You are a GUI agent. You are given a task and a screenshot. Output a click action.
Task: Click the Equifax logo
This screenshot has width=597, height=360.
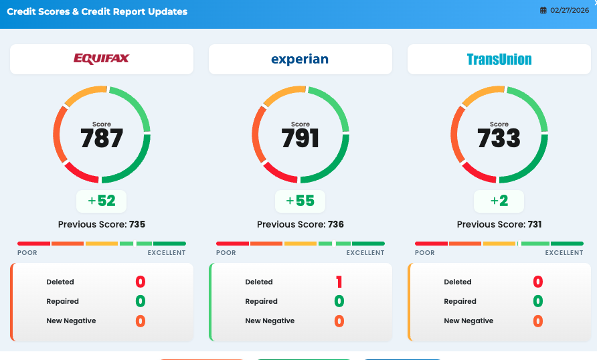(102, 59)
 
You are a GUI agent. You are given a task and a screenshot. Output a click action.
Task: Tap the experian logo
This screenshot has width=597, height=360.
(300, 59)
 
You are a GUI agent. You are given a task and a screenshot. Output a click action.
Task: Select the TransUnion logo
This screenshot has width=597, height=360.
(499, 60)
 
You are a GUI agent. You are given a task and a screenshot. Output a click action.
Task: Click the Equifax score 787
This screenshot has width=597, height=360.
(102, 139)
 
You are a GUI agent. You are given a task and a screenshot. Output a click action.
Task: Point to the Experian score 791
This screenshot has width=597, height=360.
(301, 139)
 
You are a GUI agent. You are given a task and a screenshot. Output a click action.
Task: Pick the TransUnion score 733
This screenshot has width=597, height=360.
(499, 139)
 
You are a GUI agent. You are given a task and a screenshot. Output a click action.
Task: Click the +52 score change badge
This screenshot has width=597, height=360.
(102, 201)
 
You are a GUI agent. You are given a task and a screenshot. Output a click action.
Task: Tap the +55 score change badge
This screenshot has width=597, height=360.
(301, 201)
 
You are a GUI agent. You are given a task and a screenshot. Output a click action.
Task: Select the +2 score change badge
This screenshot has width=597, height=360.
(499, 201)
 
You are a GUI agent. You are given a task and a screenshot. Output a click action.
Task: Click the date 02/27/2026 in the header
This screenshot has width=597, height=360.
(571, 11)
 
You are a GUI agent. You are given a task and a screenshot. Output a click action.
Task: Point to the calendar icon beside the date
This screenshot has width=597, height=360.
(543, 11)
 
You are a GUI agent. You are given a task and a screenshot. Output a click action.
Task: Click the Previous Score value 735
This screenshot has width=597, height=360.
(137, 225)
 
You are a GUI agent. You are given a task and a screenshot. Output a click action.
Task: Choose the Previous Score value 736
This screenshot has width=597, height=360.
(335, 225)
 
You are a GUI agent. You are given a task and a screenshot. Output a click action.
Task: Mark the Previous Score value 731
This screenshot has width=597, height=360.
(535, 225)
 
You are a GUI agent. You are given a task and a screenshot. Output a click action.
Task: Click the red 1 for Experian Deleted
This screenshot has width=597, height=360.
(339, 282)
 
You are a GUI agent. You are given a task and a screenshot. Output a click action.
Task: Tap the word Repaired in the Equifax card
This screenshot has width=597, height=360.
(63, 301)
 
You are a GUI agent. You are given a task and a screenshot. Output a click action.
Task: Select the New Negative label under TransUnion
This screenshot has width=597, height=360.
(468, 321)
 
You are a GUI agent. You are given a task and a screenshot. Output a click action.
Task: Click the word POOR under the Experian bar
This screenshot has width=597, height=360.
(226, 253)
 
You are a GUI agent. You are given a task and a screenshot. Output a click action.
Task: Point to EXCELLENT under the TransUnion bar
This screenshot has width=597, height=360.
(564, 253)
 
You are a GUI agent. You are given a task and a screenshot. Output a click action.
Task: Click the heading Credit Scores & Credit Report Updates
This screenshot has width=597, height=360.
(97, 11)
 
